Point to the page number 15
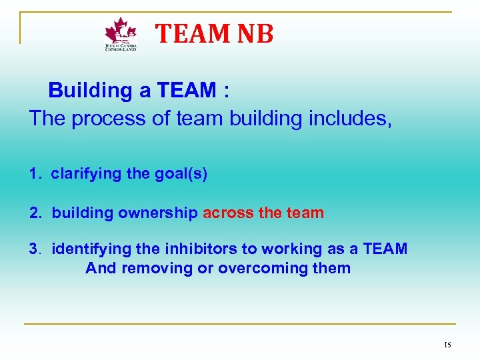[447, 345]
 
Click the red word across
[227, 213]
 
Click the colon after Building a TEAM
[227, 91]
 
